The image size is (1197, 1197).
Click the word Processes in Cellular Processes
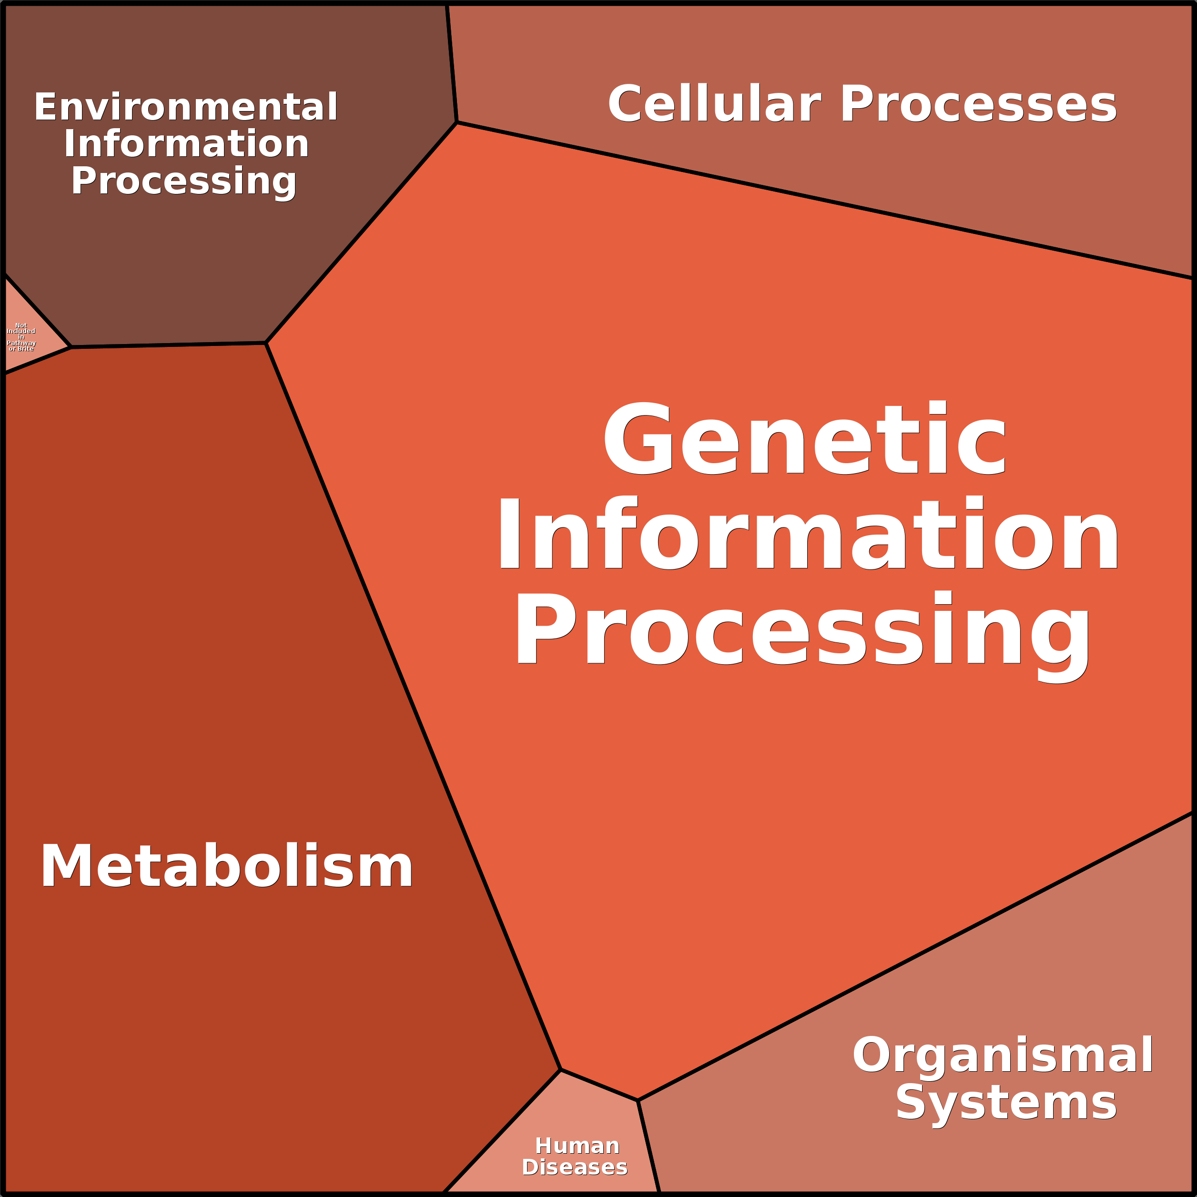pyautogui.click(x=978, y=104)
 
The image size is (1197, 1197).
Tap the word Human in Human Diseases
pyautogui.click(x=577, y=1146)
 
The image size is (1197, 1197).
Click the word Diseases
pyautogui.click(x=574, y=1167)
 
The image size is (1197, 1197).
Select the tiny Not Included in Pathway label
pyautogui.click(x=21, y=337)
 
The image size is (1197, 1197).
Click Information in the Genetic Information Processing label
pyautogui.click(x=808, y=535)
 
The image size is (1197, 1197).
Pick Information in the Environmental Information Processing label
pyautogui.click(x=186, y=144)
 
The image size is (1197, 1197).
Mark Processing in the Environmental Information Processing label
pyautogui.click(x=183, y=181)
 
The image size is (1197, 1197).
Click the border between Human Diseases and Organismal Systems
pyautogui.click(x=649, y=1146)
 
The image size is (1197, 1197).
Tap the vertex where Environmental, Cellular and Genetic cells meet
pyautogui.click(x=456, y=122)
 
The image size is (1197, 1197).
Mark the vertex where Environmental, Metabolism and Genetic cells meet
pyautogui.click(x=266, y=343)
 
